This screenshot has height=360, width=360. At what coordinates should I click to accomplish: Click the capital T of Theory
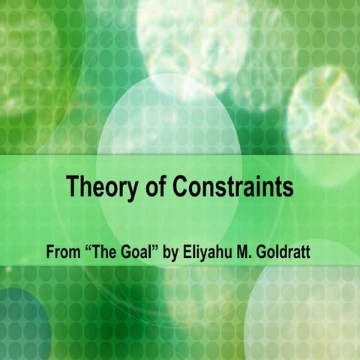tap(73, 186)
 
